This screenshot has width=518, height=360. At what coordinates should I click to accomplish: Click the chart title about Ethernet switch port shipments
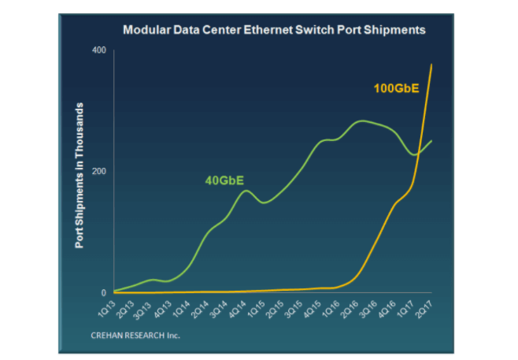(x=273, y=30)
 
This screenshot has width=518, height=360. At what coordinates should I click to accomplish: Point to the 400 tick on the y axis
(x=99, y=50)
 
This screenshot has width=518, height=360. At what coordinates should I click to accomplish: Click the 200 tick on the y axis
(x=99, y=171)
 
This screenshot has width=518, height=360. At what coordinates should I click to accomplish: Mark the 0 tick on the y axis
(x=103, y=292)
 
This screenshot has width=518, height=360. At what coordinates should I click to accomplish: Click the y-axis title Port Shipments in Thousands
(x=80, y=174)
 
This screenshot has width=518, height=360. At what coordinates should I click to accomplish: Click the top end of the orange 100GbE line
(x=431, y=65)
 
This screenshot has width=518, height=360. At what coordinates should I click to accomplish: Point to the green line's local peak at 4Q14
(x=245, y=191)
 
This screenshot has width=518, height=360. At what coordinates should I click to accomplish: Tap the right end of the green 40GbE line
(x=431, y=141)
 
